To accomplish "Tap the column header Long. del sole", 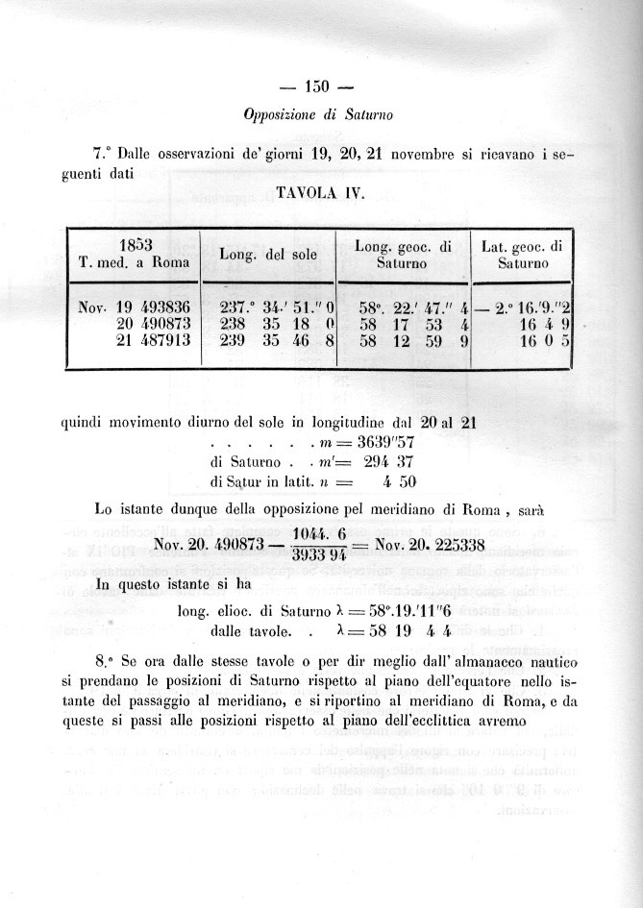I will click(x=267, y=255).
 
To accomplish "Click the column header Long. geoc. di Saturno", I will click(x=403, y=255).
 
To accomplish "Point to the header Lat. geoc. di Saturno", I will click(x=522, y=255).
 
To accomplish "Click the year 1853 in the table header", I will click(x=138, y=244).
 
